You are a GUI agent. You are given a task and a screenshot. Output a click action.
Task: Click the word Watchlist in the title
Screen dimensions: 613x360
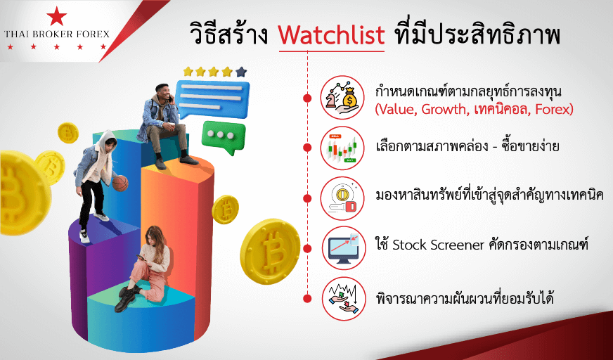pos(332,35)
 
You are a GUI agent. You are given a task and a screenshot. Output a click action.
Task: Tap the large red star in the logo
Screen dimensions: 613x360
pos(56,16)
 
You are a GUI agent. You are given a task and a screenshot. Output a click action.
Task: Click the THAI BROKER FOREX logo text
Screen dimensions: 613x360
pos(57,34)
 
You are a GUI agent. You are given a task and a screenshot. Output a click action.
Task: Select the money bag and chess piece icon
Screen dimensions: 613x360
pos(342,97)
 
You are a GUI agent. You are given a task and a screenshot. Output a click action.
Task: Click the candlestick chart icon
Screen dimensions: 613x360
pos(342,148)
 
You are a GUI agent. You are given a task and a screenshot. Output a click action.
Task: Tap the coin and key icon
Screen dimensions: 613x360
pos(342,198)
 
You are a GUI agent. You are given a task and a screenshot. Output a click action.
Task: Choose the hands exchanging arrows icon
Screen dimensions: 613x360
pos(342,299)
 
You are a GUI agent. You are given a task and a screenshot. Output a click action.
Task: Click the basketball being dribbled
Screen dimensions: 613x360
pos(120,183)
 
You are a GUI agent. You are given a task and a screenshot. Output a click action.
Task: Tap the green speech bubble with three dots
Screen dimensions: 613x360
pos(224,137)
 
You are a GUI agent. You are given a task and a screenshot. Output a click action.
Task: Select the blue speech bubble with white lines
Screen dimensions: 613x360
pos(212,98)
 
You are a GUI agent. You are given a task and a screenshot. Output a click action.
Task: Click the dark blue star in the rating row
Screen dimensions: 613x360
pos(241,72)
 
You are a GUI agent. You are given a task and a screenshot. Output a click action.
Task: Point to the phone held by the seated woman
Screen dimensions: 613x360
pos(141,258)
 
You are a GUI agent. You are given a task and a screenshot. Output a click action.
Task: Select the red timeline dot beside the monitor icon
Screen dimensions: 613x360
pos(307,248)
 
